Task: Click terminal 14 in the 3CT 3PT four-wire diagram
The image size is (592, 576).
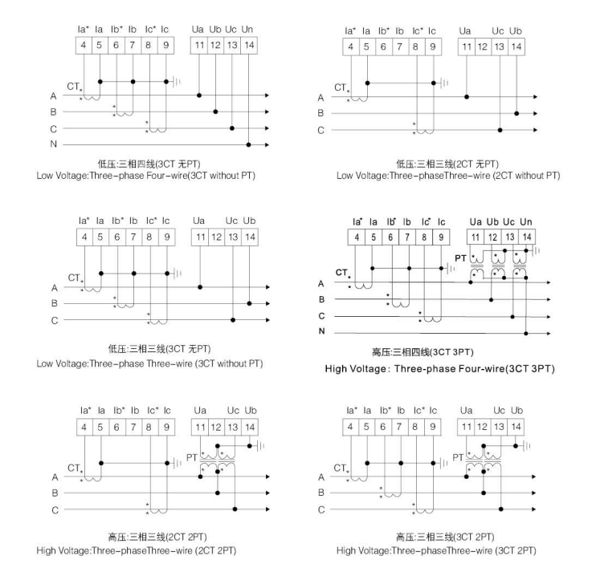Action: point(525,237)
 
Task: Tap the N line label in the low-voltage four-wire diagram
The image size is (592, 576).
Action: point(52,145)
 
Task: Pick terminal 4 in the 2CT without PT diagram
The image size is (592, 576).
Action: point(350,47)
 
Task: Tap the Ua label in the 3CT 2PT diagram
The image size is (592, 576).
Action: point(465,410)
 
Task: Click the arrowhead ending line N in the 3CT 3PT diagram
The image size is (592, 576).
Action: point(549,331)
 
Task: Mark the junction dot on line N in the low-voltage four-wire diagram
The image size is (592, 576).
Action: point(249,145)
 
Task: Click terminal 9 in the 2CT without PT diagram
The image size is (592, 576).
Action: point(434,47)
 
